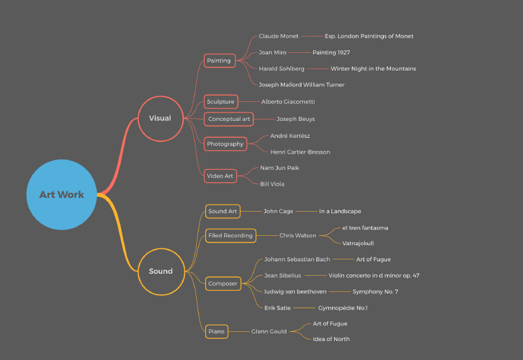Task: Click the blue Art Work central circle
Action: click(x=61, y=195)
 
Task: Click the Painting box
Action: click(x=220, y=61)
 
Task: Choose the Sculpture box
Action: click(x=221, y=102)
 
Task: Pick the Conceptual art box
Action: click(x=229, y=119)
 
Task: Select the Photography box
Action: click(x=226, y=144)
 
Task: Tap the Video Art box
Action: click(x=220, y=176)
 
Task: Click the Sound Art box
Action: click(x=222, y=211)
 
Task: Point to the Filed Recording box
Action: click(x=231, y=236)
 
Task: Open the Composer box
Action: click(x=223, y=284)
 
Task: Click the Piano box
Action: click(x=216, y=332)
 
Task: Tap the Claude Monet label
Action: click(x=278, y=36)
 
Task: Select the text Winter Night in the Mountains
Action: click(x=373, y=69)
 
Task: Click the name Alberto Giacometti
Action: click(x=288, y=102)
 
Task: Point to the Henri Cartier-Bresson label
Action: click(x=300, y=152)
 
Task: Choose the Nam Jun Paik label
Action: click(x=280, y=168)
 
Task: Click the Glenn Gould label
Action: click(x=269, y=332)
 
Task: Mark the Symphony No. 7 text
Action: click(x=375, y=291)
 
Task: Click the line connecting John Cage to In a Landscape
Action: click(x=306, y=211)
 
